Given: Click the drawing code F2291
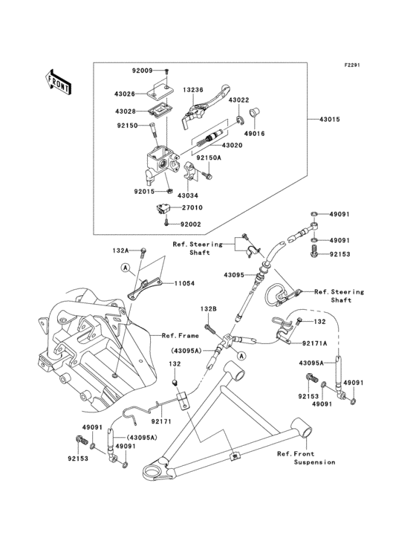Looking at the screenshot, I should point(352,65).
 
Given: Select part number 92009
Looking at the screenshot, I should point(143,71).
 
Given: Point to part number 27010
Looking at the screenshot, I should point(192,208).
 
